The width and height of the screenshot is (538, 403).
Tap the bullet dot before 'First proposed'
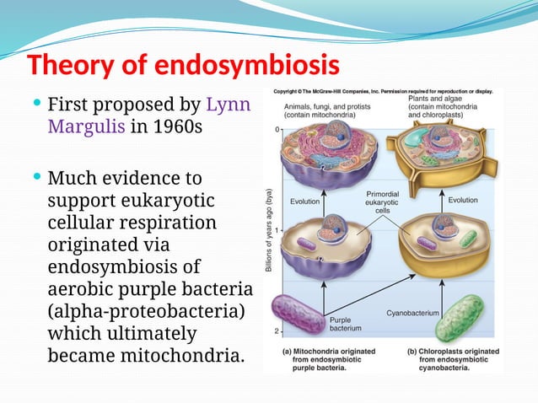click(x=35, y=105)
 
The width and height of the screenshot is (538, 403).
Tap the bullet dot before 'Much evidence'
click(x=35, y=178)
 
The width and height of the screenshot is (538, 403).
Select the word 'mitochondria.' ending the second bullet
click(x=190, y=355)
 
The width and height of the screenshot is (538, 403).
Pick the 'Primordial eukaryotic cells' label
click(x=382, y=202)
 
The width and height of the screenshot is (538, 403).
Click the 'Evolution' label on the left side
click(x=304, y=201)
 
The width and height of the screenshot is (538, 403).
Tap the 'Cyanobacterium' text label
click(x=412, y=313)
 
